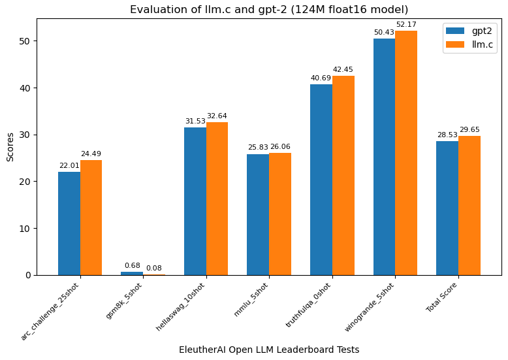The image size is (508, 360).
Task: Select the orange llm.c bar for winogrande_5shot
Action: (406, 153)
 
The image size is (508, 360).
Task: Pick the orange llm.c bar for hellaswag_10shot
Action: (217, 199)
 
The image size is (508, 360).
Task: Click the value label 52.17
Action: (406, 25)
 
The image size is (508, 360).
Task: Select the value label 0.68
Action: (132, 266)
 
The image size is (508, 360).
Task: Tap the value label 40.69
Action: (321, 78)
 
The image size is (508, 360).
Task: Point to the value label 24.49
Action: (91, 154)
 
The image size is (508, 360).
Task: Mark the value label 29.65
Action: (469, 130)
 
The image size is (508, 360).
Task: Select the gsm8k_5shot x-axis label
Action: (124, 301)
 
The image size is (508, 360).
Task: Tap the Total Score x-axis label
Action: (443, 297)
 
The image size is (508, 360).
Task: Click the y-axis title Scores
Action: (10, 146)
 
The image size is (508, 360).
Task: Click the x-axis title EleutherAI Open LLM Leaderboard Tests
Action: (269, 350)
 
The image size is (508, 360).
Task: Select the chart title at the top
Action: (269, 10)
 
